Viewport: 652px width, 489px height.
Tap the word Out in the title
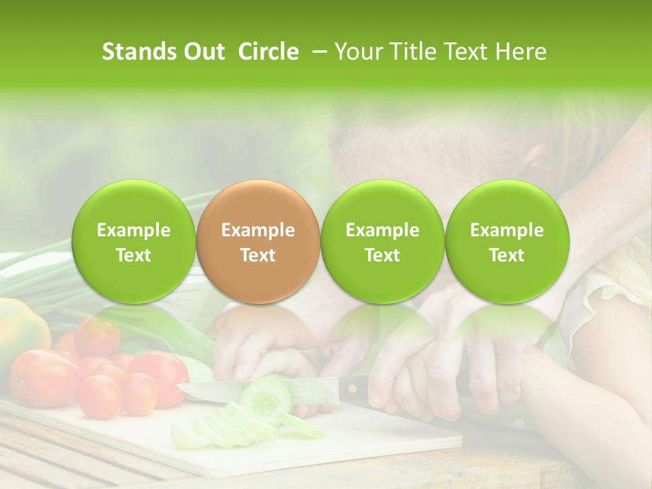point(204,52)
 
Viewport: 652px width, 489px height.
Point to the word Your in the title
point(356,52)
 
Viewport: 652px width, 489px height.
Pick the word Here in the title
point(522,52)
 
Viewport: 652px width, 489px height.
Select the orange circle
point(257,241)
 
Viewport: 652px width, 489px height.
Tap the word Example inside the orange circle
point(257,230)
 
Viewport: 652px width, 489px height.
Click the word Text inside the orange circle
point(257,255)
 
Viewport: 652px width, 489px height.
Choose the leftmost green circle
point(133,241)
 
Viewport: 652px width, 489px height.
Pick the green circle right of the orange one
point(382,241)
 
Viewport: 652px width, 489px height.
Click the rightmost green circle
point(507,241)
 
